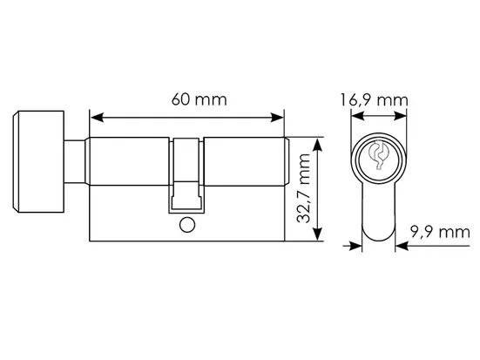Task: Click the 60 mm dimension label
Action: pos(199,100)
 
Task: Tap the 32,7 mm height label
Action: pos(304,188)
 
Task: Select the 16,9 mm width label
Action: pos(374,100)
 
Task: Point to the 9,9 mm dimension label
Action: pos(440,232)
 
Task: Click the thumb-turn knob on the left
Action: pos(38,162)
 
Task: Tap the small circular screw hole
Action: pos(187,226)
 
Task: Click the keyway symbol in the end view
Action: pos(378,155)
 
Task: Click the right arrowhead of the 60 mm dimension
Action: pos(277,118)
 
